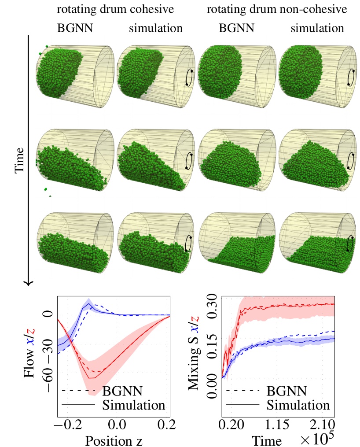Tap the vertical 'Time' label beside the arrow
(19, 161)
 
